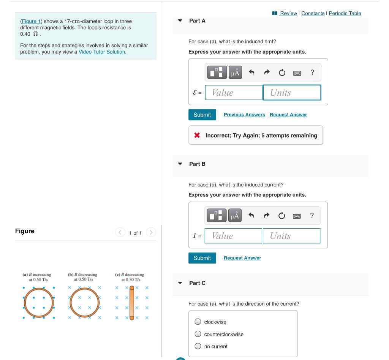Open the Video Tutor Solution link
point(102,52)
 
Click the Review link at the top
point(288,13)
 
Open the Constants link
point(313,13)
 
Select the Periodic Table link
point(345,13)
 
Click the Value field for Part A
point(234,93)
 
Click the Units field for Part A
point(292,93)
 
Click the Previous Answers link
point(244,115)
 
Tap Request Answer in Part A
point(288,115)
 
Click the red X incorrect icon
point(197,135)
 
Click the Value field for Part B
point(233,236)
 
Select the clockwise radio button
point(198,322)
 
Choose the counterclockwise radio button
point(198,334)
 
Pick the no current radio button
point(198,346)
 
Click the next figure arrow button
point(151,232)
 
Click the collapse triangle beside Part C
point(180,283)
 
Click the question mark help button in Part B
point(312,216)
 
